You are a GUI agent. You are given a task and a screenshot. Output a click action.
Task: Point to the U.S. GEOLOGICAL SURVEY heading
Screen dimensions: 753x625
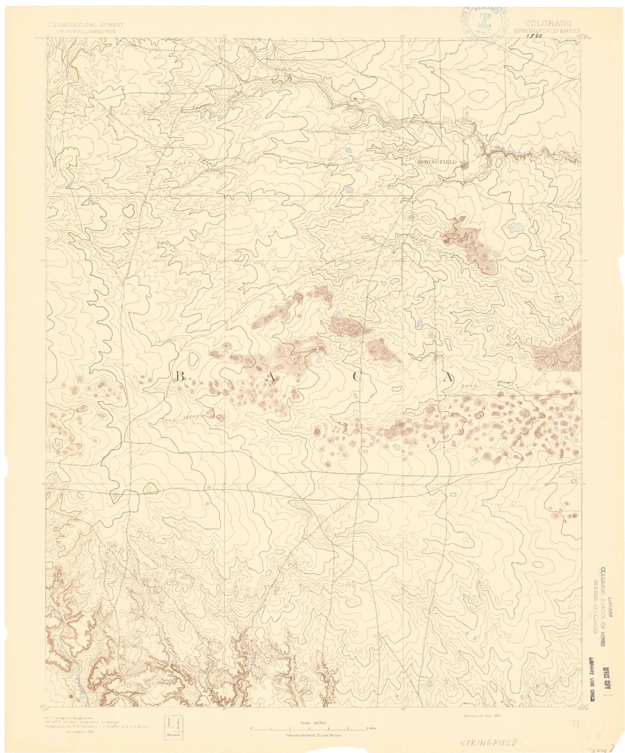(85, 24)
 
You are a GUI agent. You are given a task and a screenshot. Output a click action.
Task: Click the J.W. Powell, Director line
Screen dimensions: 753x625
(86, 30)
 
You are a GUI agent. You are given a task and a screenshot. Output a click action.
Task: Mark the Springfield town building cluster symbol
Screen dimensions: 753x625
(464, 166)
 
